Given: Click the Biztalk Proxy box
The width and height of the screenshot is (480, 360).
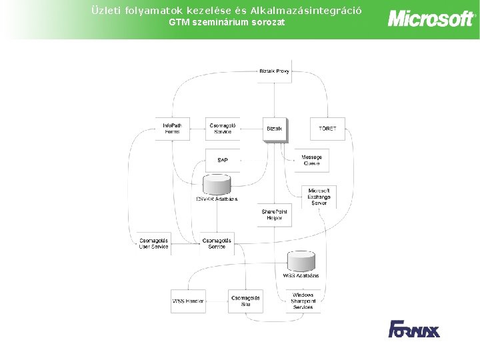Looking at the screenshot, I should tap(274, 71).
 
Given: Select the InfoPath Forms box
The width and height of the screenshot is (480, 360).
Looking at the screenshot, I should tap(172, 128).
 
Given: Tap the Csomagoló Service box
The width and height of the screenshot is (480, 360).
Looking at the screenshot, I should tap(223, 128).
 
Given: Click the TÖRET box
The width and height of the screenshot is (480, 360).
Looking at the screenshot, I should tap(327, 129).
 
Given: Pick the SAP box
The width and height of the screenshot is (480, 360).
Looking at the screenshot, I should tap(223, 161).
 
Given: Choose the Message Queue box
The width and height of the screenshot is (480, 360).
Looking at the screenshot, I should tap(311, 160).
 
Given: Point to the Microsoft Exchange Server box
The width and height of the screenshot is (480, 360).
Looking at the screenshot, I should tap(319, 197).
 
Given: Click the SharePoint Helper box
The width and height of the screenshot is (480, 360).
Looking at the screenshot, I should tap(275, 214).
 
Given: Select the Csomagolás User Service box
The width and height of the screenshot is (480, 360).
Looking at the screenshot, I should tap(153, 244).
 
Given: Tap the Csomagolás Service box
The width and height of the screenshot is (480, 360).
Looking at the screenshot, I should tap(217, 244).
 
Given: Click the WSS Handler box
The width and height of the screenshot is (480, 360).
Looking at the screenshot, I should tap(188, 301).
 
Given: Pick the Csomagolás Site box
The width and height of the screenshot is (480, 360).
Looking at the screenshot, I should tap(245, 301).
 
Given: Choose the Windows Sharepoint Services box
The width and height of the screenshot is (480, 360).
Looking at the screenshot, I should tap(303, 301).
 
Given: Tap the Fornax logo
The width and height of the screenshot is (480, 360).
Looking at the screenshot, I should tap(414, 329).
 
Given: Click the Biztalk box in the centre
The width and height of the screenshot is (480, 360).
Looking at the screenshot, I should tap(274, 129).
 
